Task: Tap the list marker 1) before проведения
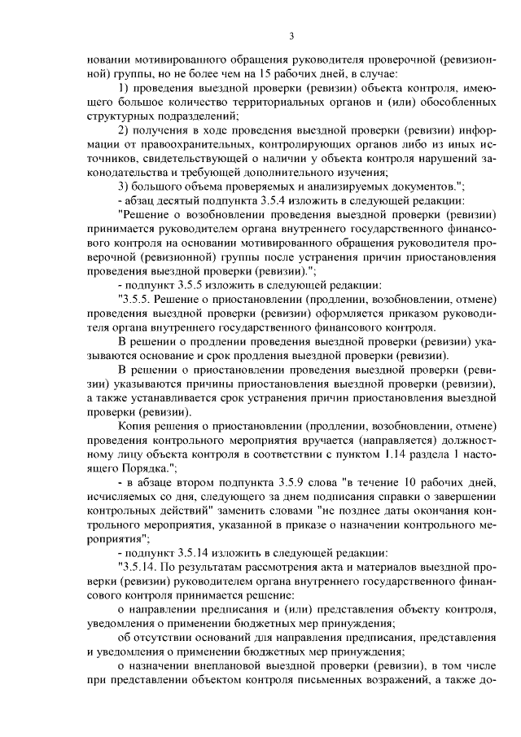(x=125, y=88)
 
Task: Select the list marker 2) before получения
(x=125, y=130)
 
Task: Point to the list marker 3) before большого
(x=125, y=186)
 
